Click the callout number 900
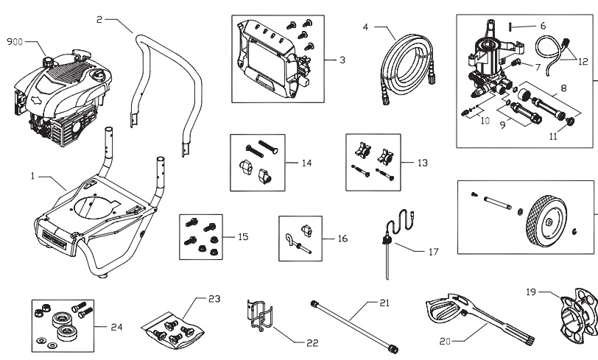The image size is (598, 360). tap(15, 42)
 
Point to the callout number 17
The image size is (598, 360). tap(433, 251)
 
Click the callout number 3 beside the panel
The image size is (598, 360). tap(342, 60)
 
